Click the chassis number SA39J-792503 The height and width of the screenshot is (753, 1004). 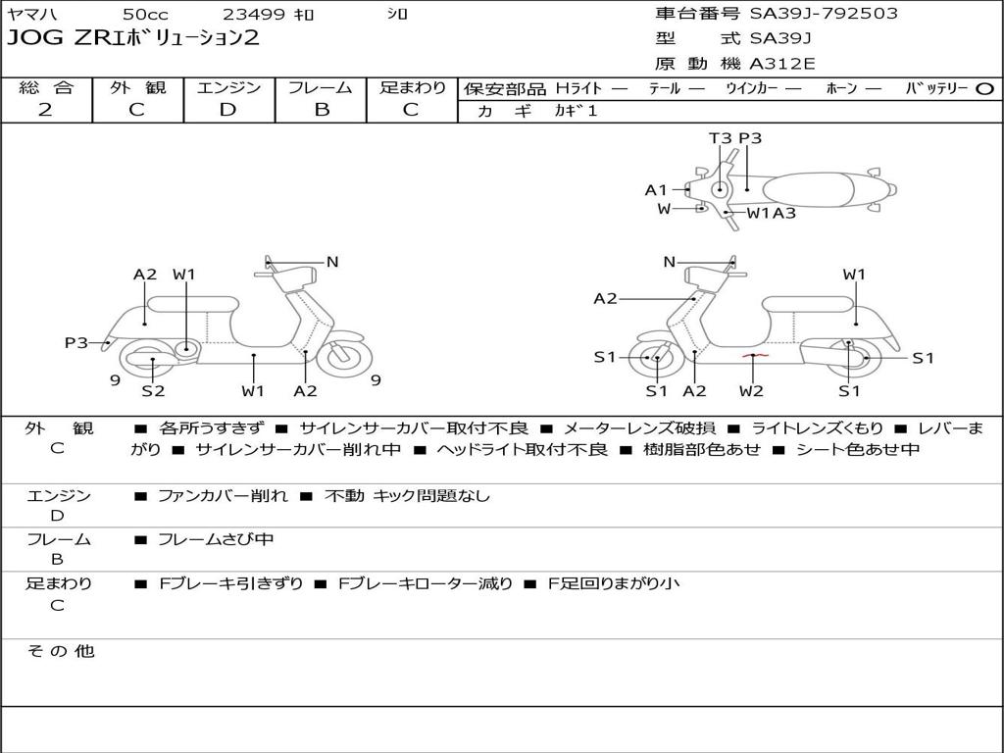tap(824, 14)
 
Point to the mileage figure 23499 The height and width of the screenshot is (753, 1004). tap(254, 14)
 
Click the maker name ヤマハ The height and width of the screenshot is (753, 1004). tap(31, 14)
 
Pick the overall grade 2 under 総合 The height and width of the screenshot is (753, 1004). tap(45, 110)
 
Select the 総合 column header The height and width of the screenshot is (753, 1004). tap(46, 87)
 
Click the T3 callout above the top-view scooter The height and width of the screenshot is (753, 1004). tap(720, 138)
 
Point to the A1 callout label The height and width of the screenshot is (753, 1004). tap(655, 190)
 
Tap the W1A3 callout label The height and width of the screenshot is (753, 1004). tap(772, 213)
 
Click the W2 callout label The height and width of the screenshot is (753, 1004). tap(751, 391)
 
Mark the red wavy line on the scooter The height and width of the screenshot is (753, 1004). tap(753, 354)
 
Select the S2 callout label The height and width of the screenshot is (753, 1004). tap(153, 391)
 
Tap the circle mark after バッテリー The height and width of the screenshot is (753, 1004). tap(985, 88)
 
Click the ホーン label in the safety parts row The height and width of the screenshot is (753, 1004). tap(841, 88)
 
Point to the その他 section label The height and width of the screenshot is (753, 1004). tap(60, 651)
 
